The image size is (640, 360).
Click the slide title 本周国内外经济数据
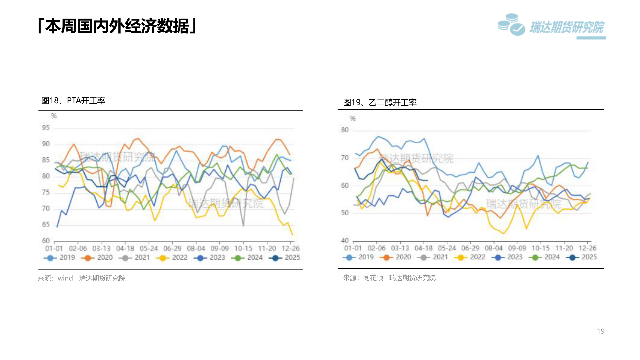coord(117,26)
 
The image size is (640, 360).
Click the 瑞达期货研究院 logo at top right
coord(552,26)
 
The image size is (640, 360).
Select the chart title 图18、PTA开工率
coord(73,101)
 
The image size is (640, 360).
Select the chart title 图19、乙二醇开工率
coord(380,103)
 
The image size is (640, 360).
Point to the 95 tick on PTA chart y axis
coord(46,128)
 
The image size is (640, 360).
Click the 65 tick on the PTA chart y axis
coord(46,225)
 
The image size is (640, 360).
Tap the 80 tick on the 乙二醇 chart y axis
coord(345,130)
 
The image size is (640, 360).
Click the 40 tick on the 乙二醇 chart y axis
coord(345,240)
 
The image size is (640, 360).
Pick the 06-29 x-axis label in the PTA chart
coord(172,249)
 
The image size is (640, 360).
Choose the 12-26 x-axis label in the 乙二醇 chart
coord(587,248)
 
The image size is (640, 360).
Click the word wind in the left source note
coord(65,278)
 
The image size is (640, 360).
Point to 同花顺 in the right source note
coord(373,278)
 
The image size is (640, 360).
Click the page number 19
coord(601,331)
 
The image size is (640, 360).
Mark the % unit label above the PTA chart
coord(54,116)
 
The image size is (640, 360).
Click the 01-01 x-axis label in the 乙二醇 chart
coord(353,248)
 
